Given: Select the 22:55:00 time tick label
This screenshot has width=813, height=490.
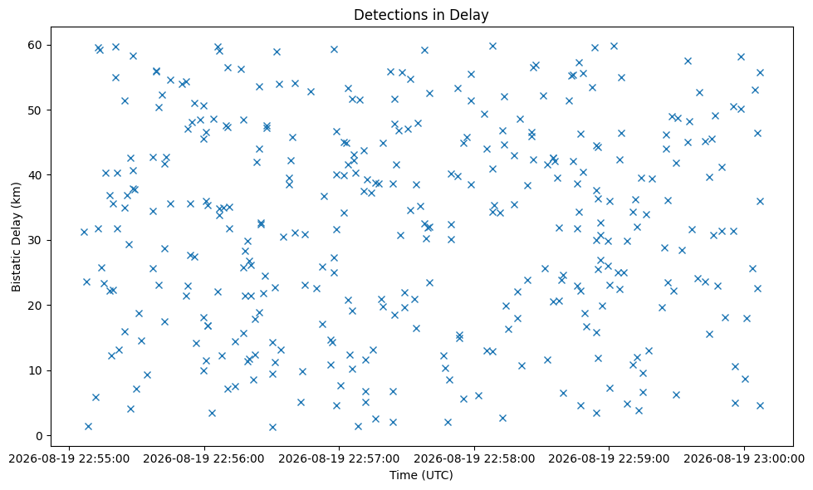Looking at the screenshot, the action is [x=69, y=459].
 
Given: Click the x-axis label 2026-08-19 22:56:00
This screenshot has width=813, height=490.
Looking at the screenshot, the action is [x=203, y=459].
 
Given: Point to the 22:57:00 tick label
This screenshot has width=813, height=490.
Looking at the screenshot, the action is [x=339, y=459].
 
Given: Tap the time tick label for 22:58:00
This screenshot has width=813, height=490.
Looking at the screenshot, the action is [x=474, y=459].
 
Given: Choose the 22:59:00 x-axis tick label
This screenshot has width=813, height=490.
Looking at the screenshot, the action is [x=609, y=459].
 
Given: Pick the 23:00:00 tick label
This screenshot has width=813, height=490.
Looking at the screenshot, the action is [x=744, y=459].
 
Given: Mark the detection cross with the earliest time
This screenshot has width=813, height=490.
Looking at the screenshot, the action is [x=84, y=232].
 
